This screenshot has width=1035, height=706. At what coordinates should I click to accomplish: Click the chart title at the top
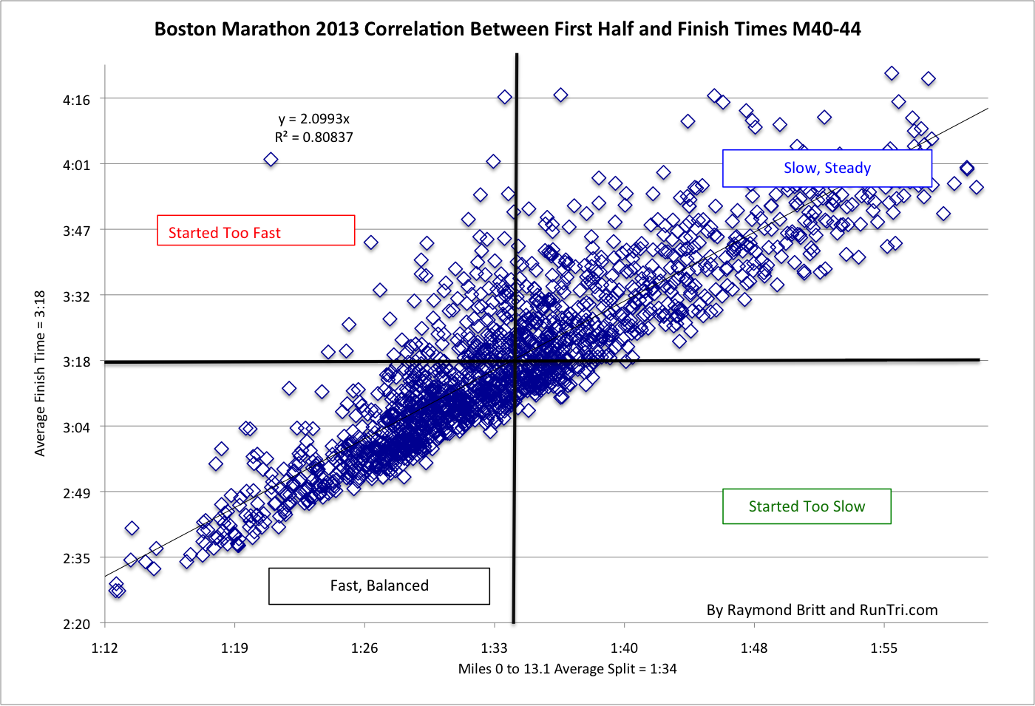507,29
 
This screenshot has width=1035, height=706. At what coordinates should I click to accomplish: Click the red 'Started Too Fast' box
256,231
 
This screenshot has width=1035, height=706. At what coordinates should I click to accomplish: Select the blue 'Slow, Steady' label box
827,169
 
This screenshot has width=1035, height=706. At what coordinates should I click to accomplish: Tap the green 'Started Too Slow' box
807,506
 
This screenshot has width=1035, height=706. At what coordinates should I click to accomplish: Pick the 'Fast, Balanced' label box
379,586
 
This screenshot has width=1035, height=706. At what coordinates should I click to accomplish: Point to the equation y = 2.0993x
313,118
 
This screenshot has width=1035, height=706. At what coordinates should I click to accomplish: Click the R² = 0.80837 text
313,138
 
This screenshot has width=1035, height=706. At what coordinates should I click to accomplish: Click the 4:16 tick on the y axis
76,100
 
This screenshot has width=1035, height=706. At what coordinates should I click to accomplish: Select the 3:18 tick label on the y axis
76,362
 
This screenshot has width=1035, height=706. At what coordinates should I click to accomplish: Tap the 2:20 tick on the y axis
76,625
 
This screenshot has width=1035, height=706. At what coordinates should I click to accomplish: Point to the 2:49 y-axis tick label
76,493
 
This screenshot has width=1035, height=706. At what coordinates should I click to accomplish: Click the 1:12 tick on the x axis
104,648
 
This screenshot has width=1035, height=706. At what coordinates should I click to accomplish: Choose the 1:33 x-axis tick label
494,648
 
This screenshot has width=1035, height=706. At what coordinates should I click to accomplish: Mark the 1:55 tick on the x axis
883,648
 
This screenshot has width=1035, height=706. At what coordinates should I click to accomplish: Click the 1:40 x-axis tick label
624,648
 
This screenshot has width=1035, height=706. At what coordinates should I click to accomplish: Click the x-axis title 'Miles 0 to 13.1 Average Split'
567,669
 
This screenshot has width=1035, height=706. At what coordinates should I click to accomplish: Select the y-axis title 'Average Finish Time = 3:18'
40,373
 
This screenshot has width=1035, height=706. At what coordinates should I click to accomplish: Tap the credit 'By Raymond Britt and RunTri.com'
821,610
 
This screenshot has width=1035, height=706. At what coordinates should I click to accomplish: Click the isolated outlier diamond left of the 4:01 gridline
271,160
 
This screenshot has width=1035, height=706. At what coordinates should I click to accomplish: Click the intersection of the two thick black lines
515,361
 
